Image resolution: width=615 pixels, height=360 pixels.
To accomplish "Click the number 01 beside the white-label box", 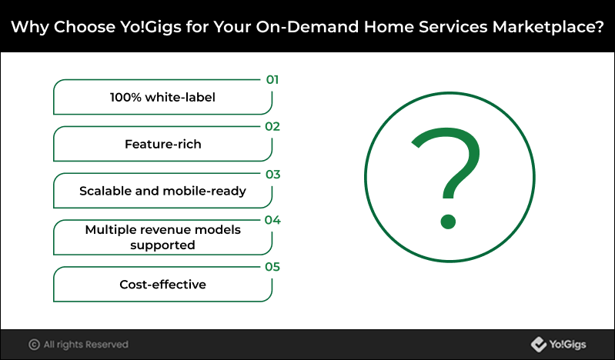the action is [272, 79].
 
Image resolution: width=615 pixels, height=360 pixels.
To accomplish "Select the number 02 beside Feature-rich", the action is [272, 127].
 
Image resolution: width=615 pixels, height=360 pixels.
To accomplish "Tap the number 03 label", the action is [272, 174].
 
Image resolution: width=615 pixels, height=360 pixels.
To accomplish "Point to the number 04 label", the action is [272, 220].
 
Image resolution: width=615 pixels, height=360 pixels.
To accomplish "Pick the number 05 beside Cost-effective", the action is [272, 267].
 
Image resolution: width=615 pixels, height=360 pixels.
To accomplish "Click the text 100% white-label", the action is [162, 97].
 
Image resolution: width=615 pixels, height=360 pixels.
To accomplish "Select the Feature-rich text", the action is [162, 145].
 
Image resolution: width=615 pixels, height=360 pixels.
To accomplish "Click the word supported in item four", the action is [162, 245].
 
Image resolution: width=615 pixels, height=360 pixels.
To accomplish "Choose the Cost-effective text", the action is [162, 285].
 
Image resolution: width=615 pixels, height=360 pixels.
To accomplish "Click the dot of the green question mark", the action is [448, 222].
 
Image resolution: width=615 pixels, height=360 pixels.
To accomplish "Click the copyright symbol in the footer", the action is [34, 345].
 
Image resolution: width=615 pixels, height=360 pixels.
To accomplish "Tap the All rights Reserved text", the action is [86, 345].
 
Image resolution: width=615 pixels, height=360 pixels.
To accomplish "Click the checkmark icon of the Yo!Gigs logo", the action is [539, 345].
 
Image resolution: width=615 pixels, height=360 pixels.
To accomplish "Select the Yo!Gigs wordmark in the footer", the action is [567, 345].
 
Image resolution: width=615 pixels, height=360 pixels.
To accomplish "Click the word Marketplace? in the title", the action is [548, 27].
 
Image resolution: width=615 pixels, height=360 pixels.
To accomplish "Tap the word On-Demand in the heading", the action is [308, 27].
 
